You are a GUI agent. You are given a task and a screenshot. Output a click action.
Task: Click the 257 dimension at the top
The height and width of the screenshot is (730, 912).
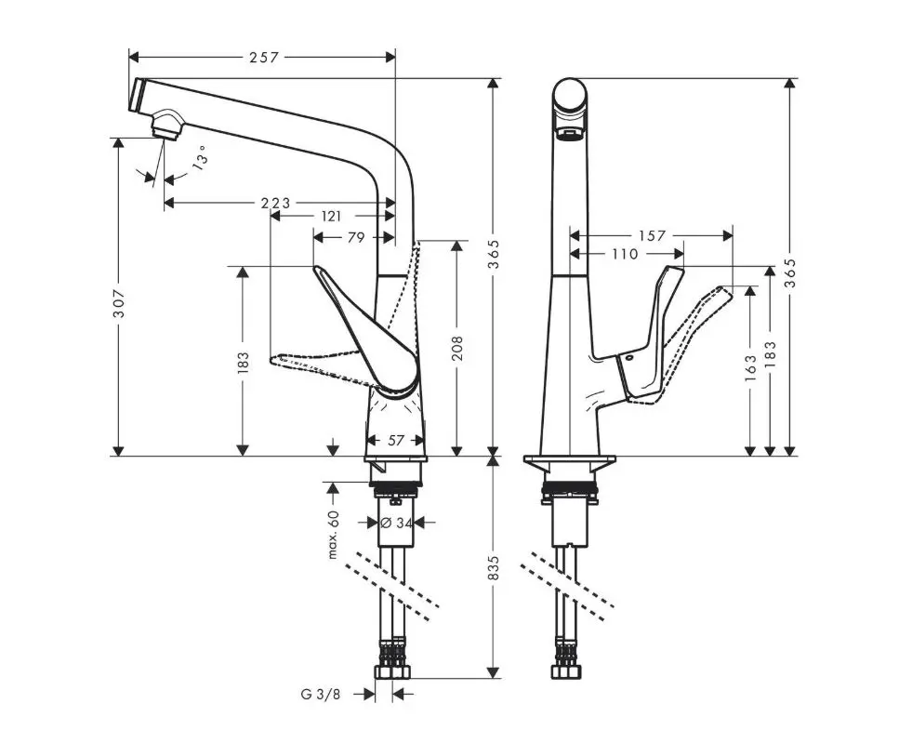pos(264,58)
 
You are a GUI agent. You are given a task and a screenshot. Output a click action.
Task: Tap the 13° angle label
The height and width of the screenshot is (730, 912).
pos(200,158)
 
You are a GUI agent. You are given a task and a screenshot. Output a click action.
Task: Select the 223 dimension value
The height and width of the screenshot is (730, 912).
pos(275,203)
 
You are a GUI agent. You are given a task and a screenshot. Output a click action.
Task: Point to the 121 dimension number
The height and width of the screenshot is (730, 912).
pos(330,216)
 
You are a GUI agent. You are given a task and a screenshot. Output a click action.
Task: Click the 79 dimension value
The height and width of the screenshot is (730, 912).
pos(355,237)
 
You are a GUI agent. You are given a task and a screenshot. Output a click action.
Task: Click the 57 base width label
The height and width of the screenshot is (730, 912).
pos(396,441)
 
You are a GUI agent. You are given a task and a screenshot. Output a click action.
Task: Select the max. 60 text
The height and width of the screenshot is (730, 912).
pos(333,534)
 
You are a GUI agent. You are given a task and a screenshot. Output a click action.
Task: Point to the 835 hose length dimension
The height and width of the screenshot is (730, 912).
pos(494,566)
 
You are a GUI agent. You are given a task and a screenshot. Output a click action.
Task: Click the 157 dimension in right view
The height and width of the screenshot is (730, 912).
pos(653,235)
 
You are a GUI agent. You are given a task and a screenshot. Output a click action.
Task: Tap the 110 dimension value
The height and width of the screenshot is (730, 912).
pos(624,253)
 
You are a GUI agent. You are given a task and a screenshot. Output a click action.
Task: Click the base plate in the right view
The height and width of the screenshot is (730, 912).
pos(570,462)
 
